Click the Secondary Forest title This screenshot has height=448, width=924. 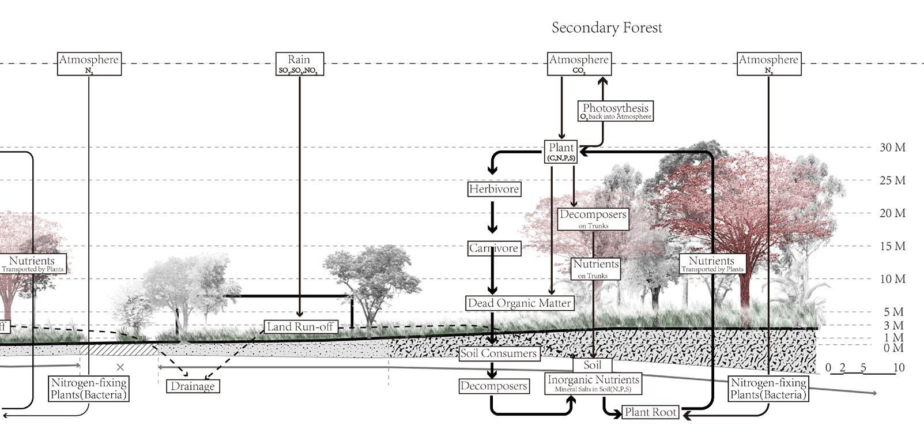click(x=606, y=28)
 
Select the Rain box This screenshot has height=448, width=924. click(x=299, y=64)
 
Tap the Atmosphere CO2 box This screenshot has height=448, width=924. click(x=578, y=64)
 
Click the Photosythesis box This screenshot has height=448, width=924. click(x=615, y=111)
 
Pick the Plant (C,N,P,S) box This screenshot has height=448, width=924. click(x=561, y=152)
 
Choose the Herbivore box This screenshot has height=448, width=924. click(x=493, y=189)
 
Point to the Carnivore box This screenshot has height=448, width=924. click(x=493, y=249)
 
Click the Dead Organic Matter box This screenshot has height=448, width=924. click(x=519, y=303)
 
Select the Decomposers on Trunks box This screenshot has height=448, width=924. click(x=593, y=219)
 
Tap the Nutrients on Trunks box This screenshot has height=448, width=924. click(x=595, y=268)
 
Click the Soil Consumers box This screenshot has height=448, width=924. click(x=499, y=353)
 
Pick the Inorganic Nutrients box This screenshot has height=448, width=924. click(x=593, y=383)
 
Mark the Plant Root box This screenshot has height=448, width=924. click(x=650, y=412)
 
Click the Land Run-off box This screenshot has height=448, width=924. click(x=300, y=327)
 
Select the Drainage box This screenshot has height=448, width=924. click(x=193, y=386)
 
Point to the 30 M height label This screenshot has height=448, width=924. click(x=892, y=148)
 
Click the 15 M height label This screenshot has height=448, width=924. click(x=892, y=246)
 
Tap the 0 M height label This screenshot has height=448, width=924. click(x=892, y=348)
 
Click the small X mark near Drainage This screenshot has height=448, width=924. click(x=120, y=367)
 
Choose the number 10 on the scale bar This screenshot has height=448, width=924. click(x=898, y=367)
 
